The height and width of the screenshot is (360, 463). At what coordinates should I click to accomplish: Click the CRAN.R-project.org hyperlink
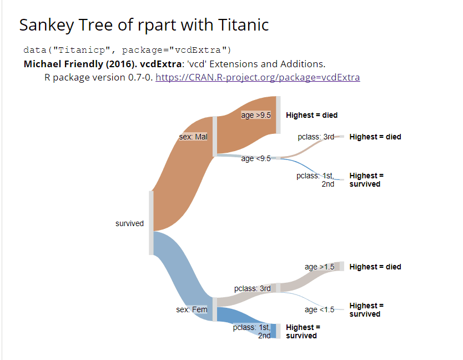click(x=258, y=78)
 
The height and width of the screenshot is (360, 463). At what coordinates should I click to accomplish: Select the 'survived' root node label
click(x=129, y=223)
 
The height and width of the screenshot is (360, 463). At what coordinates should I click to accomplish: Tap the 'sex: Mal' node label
click(x=193, y=137)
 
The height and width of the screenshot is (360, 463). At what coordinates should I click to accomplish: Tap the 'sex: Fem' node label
click(x=192, y=309)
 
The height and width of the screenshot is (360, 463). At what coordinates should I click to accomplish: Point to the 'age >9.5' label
click(x=255, y=115)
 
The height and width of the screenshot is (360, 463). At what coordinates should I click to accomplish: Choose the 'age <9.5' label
click(x=255, y=158)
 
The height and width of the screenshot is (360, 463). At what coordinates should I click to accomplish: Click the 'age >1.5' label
click(x=319, y=267)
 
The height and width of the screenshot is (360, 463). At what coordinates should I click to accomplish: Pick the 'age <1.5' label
click(x=319, y=309)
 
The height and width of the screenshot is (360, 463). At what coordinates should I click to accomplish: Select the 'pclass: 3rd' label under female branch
click(x=252, y=288)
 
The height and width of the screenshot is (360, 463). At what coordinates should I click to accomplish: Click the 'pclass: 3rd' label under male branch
click(x=316, y=137)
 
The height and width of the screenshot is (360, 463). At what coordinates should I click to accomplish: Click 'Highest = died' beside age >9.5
click(x=311, y=115)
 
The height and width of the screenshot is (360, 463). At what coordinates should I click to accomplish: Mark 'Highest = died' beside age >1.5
click(x=375, y=267)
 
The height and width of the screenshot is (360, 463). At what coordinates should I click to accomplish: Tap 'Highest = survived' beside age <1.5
click(x=366, y=309)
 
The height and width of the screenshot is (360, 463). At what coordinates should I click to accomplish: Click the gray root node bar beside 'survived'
click(x=151, y=223)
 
